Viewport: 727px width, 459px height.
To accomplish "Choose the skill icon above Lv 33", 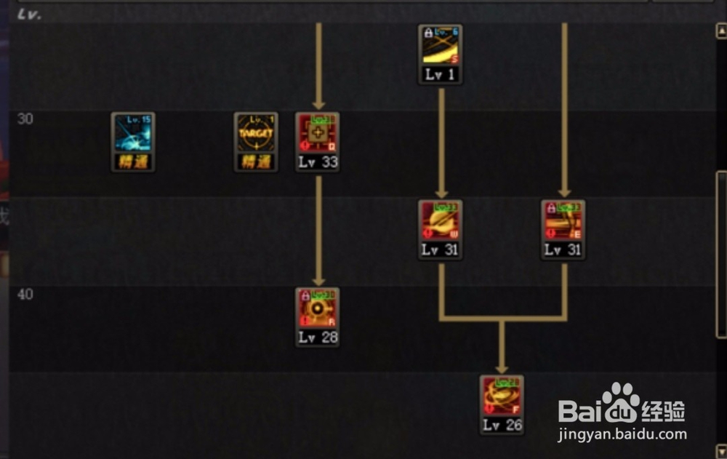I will pos(318,133).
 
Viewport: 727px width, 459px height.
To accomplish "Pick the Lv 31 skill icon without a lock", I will pos(440,221).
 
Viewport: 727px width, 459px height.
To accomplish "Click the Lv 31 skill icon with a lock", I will pos(563,221).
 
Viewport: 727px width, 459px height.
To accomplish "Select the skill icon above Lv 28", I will pos(318,308).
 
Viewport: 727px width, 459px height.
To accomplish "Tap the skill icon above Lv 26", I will pos(502,396).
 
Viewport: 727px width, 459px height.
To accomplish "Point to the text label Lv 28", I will pos(318,338).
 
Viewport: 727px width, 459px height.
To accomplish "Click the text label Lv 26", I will pos(502,426).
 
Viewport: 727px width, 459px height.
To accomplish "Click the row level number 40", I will pos(25,294).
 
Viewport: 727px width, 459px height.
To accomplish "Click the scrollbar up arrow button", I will pos(720,31).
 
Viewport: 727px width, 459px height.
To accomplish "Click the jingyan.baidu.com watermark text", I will pos(622,435).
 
